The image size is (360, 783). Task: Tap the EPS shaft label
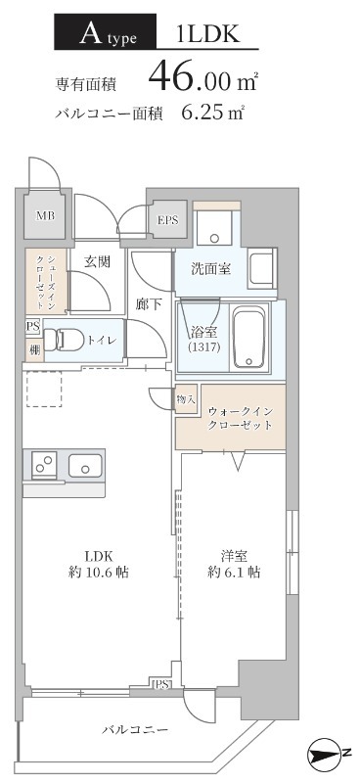tap(168, 220)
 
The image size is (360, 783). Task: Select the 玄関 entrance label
tap(96, 261)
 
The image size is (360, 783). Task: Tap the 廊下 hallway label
tap(150, 304)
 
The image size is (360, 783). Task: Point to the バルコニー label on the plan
tap(135, 730)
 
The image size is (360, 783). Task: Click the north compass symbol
tap(328, 754)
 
